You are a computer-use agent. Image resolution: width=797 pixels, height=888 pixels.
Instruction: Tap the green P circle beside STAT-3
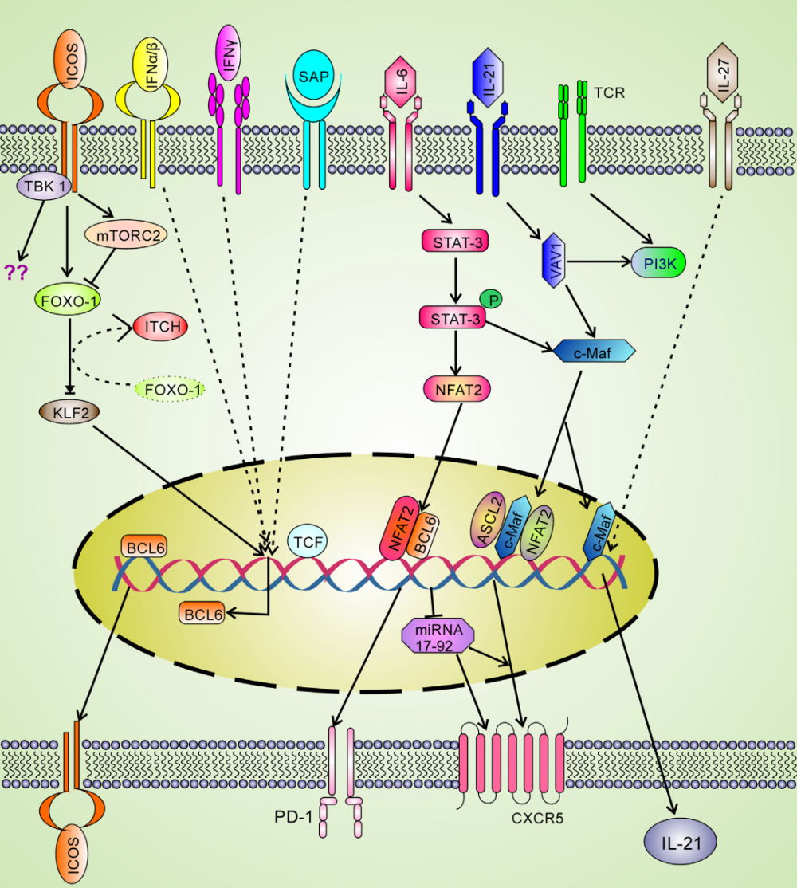pyautogui.click(x=493, y=299)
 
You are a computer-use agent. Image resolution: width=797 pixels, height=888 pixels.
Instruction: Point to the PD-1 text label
pyautogui.click(x=296, y=819)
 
